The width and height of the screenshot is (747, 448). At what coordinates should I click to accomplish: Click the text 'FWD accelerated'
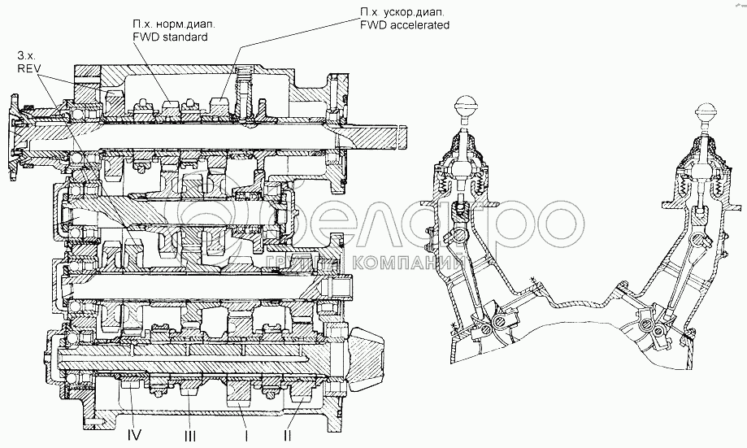pyautogui.click(x=405, y=25)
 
